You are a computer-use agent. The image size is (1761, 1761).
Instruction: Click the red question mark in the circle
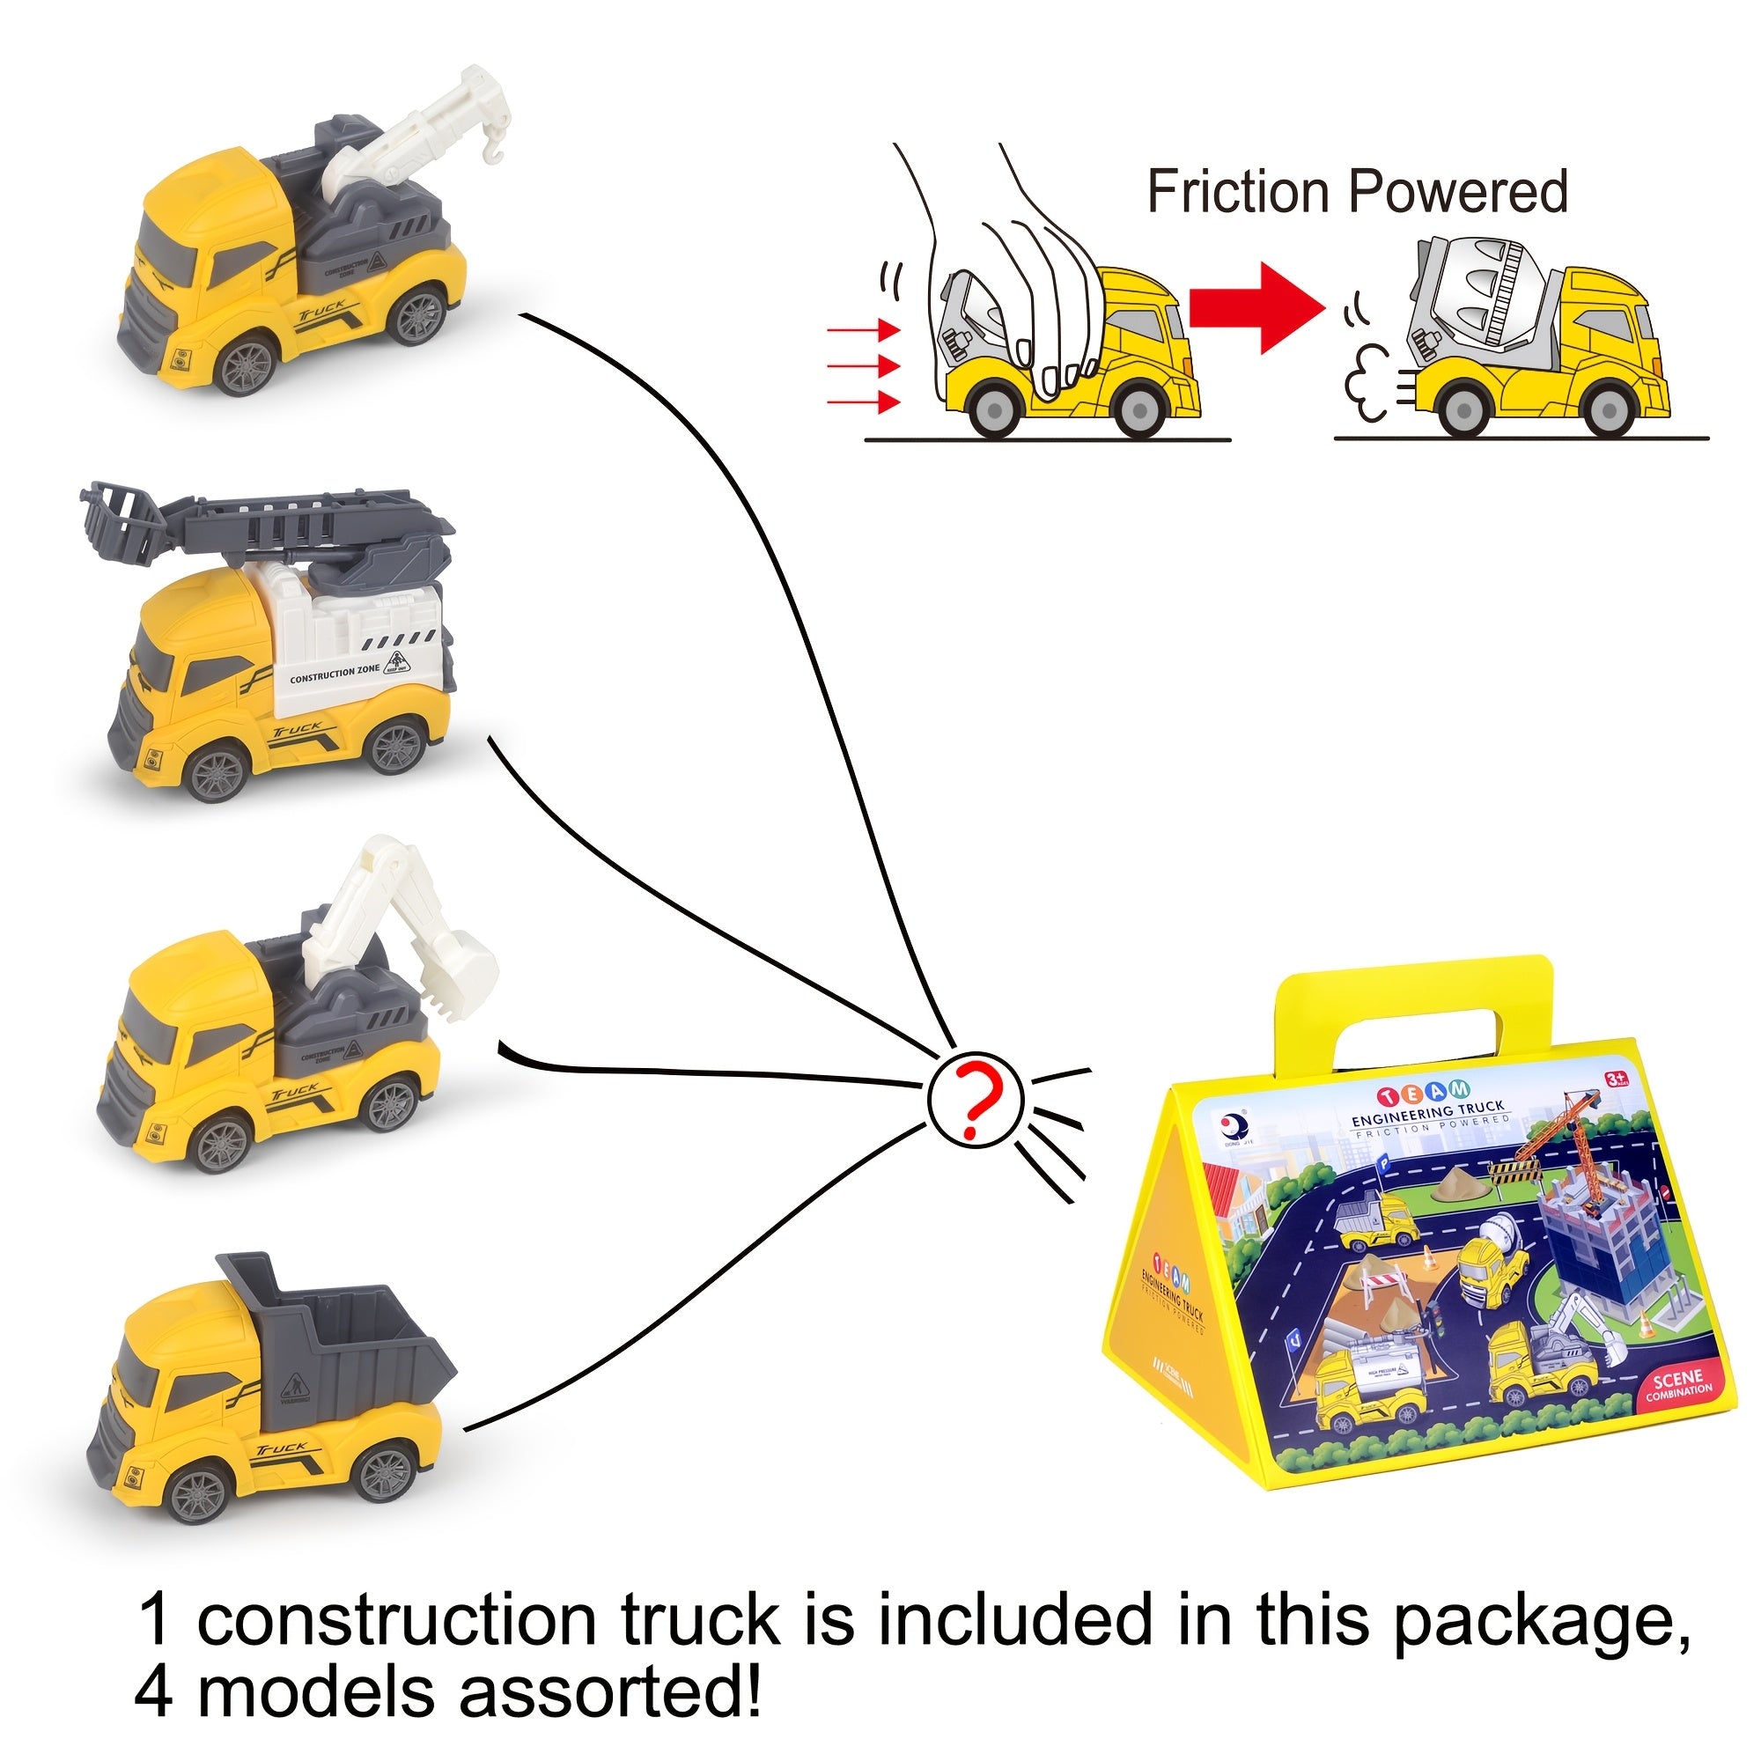[x=976, y=1096]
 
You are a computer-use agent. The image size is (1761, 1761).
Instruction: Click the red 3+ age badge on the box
[x=1616, y=1081]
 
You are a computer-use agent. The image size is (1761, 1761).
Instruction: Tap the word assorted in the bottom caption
[x=608, y=1693]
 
